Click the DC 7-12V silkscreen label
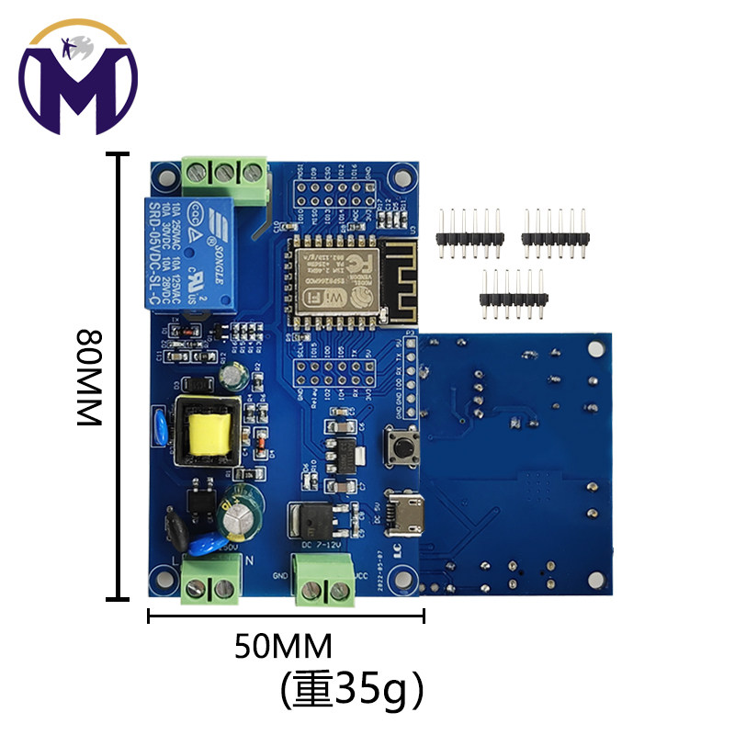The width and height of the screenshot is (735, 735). click(322, 546)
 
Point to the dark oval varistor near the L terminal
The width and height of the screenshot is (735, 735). click(175, 530)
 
